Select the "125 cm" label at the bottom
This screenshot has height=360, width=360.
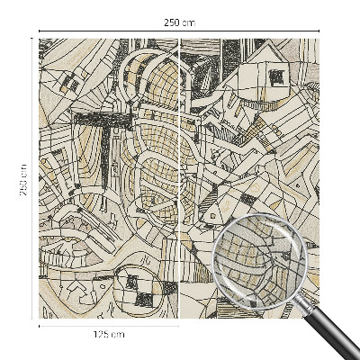point(109,335)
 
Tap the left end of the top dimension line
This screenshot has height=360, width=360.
point(40,31)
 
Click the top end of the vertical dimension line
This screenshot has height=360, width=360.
point(33,39)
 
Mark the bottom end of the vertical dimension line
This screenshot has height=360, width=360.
point(33,317)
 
